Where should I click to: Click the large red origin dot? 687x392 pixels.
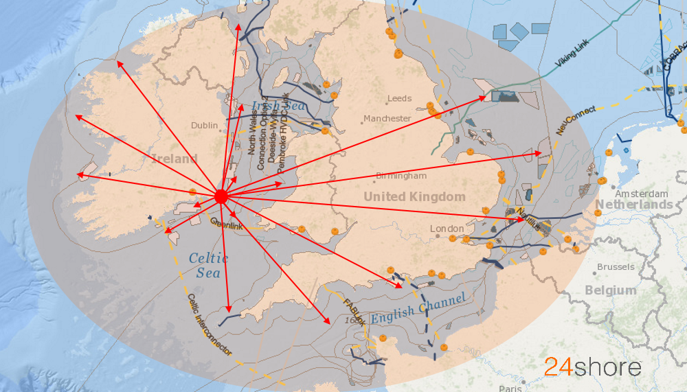221,196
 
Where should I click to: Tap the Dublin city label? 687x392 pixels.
204,126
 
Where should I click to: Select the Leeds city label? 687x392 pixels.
399,99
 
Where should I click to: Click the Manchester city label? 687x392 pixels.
387,119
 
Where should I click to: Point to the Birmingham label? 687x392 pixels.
401,176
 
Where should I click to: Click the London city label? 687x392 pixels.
447,229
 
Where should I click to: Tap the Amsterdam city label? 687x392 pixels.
642,194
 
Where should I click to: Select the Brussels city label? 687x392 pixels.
616,267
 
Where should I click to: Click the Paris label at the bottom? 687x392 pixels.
510,388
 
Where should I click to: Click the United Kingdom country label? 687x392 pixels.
414,197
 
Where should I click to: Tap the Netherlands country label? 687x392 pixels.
633,205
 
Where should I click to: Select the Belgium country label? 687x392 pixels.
610,290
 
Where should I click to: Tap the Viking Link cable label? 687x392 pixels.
576,60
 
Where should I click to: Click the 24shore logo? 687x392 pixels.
593,367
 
